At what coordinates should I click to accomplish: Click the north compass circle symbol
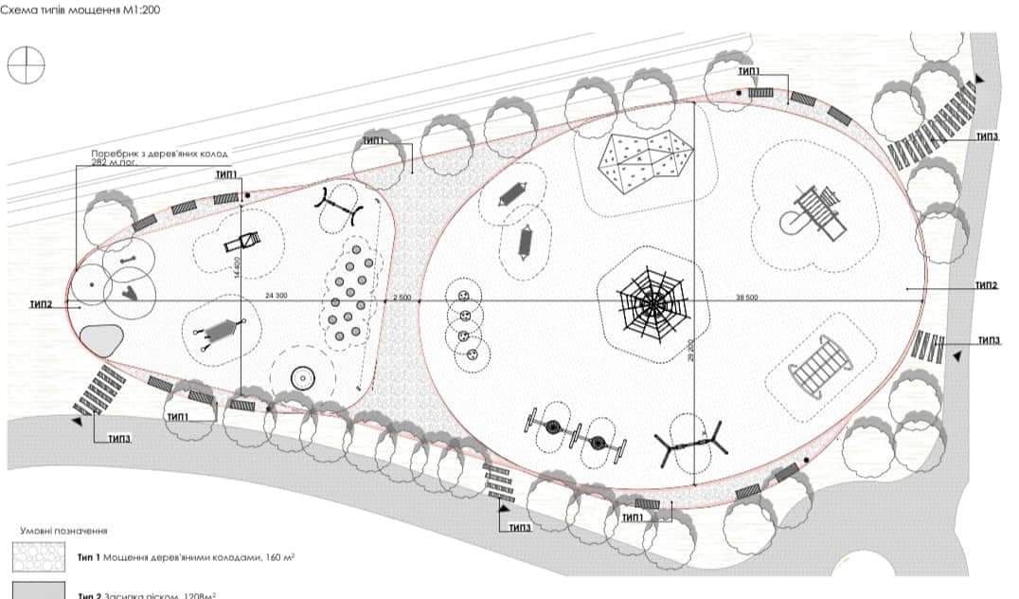26,64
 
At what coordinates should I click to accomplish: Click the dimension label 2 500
402,298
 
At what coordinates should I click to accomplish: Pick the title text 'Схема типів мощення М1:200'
84,10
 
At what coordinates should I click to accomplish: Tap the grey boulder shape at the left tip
101,340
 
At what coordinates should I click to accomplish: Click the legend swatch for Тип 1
38,557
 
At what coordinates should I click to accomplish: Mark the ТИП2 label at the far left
40,305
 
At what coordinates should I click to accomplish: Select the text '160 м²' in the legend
277,558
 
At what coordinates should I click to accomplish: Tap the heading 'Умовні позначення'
63,531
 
